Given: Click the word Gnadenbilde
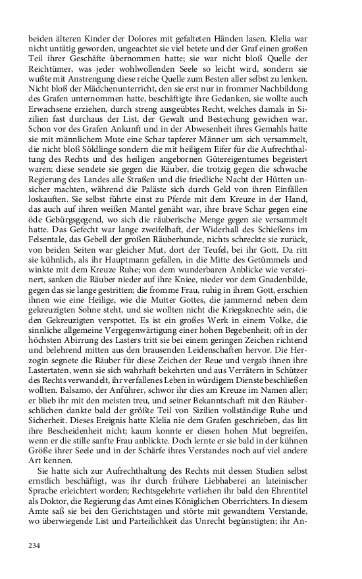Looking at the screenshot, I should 298,305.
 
